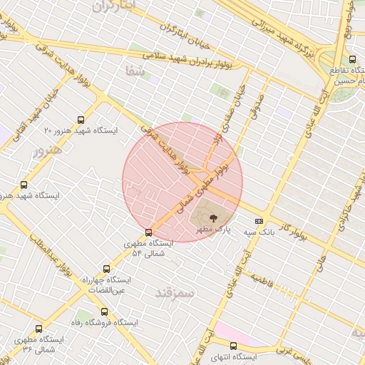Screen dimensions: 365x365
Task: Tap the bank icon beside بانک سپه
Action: pos(258,221)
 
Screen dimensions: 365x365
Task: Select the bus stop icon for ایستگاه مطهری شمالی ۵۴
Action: pos(148,232)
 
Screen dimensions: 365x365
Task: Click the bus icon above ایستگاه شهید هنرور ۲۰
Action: pos(81,120)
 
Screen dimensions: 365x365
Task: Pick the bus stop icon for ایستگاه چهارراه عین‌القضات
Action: pos(106,269)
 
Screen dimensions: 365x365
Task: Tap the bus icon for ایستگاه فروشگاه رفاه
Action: pos(105,312)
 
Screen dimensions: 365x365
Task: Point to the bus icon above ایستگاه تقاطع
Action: pos(352,59)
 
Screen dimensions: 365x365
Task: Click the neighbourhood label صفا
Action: pos(135,71)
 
